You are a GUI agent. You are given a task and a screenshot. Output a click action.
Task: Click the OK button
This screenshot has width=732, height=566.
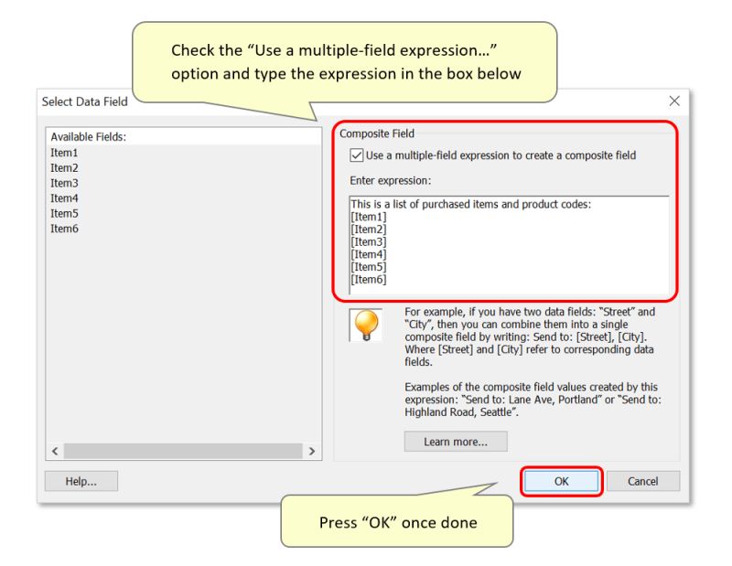point(561,481)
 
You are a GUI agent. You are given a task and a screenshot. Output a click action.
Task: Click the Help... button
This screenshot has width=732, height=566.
point(81,481)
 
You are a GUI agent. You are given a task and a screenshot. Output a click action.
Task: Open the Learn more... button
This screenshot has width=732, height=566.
point(456,442)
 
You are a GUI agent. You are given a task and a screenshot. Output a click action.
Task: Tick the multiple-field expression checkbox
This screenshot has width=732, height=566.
point(357,155)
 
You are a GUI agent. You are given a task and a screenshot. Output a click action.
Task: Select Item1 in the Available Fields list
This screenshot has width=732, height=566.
point(64,153)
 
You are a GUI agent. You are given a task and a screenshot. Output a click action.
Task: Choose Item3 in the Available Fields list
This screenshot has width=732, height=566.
point(64,183)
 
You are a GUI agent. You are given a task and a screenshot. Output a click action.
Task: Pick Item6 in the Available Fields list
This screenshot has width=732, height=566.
point(64,228)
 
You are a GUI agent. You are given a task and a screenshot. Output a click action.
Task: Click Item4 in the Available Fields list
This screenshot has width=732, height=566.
point(64,198)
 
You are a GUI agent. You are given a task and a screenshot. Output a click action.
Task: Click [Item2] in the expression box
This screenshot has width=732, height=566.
point(369,229)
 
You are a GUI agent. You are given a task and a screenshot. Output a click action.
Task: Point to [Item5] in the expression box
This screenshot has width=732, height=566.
point(369,267)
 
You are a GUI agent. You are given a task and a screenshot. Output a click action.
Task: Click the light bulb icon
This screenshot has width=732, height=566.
point(363,323)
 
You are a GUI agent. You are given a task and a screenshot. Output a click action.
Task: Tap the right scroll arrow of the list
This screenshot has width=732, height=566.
point(312,451)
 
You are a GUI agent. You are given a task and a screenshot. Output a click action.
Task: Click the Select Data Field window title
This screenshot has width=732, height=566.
point(85,101)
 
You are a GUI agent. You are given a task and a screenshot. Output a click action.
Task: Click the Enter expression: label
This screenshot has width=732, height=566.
point(391,181)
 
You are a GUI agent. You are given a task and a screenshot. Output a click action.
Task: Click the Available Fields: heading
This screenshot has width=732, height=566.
point(88,137)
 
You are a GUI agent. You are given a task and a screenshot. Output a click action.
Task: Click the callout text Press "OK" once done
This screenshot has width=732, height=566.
point(397,523)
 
